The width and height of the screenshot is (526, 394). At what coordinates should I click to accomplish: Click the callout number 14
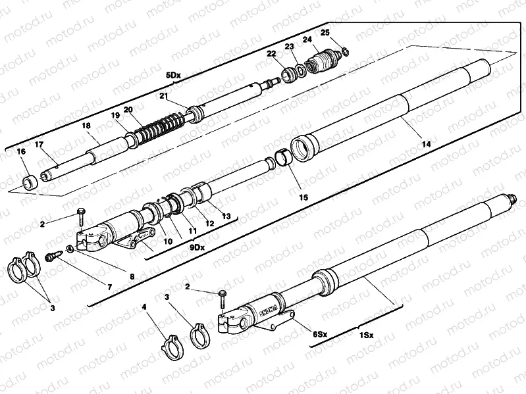[426, 144]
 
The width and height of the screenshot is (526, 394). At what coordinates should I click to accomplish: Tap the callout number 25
[325, 32]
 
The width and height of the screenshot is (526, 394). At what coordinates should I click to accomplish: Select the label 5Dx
[173, 76]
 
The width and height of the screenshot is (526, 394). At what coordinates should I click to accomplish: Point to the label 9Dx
[197, 248]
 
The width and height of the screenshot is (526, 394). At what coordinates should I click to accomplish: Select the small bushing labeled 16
[30, 182]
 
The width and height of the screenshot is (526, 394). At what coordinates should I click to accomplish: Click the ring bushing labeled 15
[284, 156]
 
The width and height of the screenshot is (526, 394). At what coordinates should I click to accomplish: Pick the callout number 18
[86, 126]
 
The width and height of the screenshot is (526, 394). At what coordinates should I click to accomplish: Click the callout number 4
[144, 307]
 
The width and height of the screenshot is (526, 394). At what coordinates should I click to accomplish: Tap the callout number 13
[226, 216]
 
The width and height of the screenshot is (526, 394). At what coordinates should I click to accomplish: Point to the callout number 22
[271, 53]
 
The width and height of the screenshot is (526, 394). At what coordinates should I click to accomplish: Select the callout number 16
[21, 151]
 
